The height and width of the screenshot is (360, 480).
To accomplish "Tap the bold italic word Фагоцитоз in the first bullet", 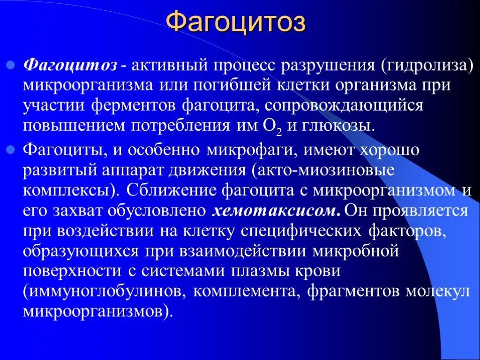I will [70, 65].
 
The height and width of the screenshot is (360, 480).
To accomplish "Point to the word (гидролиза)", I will [427, 65].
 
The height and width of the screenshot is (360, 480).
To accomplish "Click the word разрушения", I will [328, 65].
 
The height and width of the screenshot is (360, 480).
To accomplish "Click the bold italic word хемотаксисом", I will [276, 211].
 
